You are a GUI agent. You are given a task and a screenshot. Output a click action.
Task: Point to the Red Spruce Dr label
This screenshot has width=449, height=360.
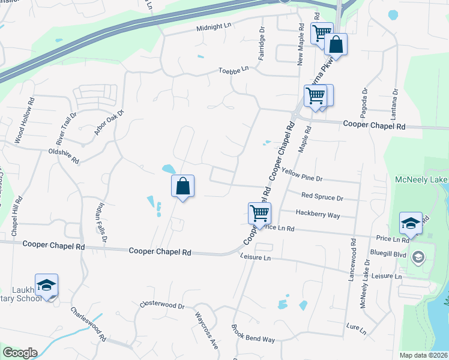point(322,197)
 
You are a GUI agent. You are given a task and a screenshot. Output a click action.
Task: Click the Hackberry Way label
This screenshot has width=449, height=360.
point(318,214)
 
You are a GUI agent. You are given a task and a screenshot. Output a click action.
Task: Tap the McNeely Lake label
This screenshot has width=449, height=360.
point(421,180)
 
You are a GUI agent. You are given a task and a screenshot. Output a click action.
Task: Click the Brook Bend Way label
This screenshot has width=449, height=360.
point(253,334)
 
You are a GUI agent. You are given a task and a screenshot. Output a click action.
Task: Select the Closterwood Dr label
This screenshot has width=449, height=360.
point(162,305)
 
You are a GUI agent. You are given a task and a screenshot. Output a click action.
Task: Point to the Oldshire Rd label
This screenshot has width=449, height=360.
point(64,156)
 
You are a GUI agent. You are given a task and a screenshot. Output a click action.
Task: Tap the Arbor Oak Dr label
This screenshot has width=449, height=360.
point(109,122)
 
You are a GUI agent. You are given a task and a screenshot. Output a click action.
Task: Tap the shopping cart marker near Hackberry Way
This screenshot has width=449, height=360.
point(259,212)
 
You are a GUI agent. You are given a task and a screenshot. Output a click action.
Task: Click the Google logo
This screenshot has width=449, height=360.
point(19,353)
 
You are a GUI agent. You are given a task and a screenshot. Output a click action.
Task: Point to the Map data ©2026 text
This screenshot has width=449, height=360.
point(424,355)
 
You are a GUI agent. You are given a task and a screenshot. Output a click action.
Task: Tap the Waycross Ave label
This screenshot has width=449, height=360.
point(206,329)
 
